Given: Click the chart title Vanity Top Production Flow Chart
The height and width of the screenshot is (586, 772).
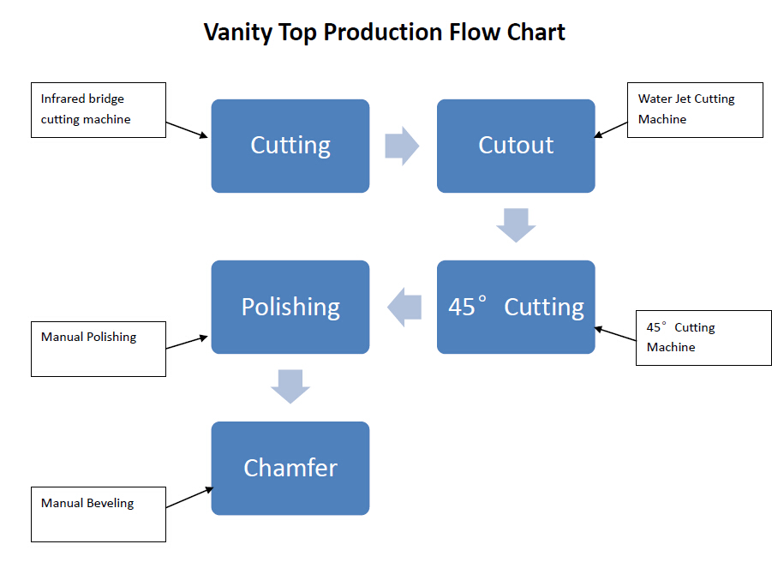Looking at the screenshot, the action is (385, 33).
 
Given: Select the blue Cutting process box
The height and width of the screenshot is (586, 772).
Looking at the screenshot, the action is (290, 146).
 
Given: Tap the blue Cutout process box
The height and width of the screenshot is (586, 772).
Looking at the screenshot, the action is (516, 146).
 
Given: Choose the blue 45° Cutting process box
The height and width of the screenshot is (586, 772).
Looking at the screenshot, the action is (516, 307).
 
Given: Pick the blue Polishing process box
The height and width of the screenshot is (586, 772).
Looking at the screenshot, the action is (290, 307).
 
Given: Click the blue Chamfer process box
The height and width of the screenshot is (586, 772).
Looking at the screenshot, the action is (290, 469).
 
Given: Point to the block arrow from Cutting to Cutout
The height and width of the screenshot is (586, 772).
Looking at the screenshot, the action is (402, 146).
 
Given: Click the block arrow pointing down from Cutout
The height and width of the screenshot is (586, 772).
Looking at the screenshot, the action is (516, 225).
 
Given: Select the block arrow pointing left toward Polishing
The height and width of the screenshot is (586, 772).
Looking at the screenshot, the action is (404, 308).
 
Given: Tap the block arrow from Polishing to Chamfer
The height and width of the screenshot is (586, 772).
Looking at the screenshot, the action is (290, 386).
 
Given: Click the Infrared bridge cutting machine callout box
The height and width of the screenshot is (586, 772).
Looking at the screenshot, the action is (99, 110).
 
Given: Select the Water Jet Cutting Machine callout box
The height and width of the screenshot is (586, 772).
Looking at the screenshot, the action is (695, 110).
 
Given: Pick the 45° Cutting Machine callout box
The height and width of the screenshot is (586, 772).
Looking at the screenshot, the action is (703, 338).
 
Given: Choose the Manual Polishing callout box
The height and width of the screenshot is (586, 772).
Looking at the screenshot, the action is (99, 350).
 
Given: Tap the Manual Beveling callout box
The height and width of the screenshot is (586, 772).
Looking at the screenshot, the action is (99, 515).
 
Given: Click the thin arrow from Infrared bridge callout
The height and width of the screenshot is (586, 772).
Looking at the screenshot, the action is (187, 130).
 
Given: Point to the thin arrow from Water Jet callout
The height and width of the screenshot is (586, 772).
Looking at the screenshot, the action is (611, 129).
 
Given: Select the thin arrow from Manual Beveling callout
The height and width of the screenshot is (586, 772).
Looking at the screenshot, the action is (189, 498).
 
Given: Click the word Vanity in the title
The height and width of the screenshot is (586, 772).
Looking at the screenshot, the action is (238, 33).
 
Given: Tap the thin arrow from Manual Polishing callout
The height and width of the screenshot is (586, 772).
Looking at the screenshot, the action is (187, 342).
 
